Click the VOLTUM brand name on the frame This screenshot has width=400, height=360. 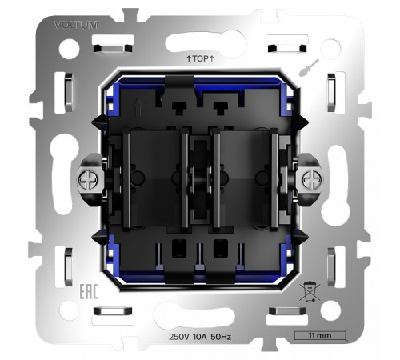click(75, 26)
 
